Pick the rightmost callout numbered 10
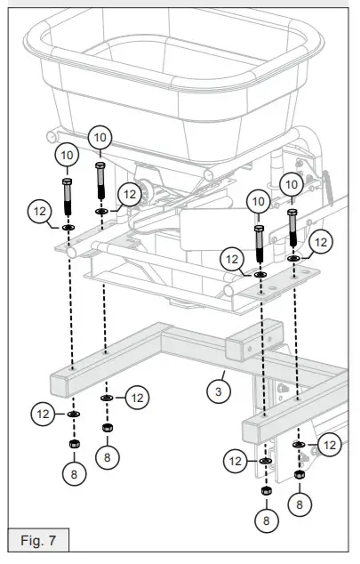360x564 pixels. click(292, 185)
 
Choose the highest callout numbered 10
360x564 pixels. click(100, 137)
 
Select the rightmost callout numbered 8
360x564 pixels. click(300, 504)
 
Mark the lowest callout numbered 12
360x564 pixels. click(236, 460)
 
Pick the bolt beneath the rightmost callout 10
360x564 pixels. click(292, 229)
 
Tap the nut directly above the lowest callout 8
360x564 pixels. click(264, 489)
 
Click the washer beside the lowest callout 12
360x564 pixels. click(264, 461)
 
